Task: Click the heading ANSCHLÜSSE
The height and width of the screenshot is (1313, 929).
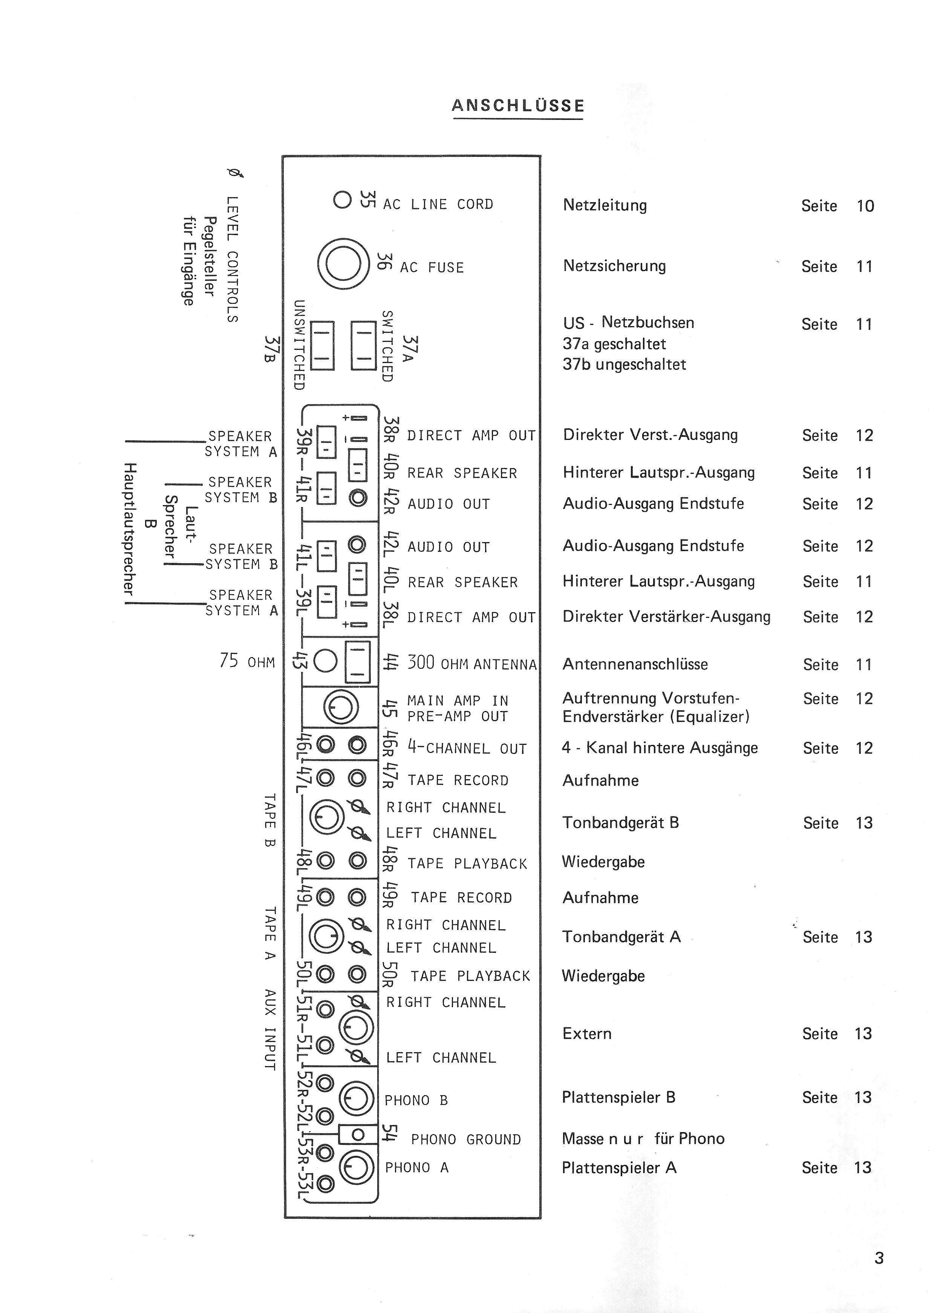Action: point(518,106)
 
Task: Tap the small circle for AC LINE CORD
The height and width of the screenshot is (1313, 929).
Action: point(342,200)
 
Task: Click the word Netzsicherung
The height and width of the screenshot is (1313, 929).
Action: point(614,267)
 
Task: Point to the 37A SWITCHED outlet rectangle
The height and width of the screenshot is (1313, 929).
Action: point(363,346)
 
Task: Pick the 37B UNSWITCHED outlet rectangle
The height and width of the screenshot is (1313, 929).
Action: point(322,346)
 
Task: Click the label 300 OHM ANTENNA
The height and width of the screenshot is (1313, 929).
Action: point(472,663)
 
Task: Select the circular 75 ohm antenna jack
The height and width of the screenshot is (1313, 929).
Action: point(326,662)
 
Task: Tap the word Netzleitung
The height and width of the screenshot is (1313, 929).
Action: point(605,205)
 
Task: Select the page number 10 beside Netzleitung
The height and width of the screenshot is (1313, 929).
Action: point(865,206)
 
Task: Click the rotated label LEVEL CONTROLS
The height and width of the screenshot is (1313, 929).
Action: point(232,259)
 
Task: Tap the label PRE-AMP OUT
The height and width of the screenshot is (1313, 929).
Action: point(457,716)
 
